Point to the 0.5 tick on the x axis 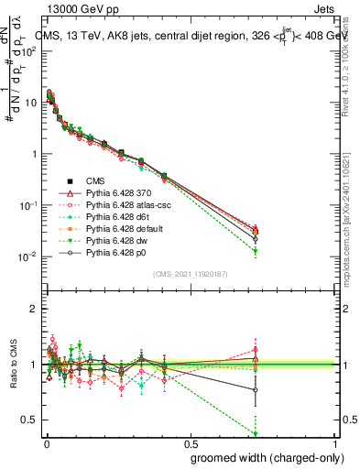tap(191, 444)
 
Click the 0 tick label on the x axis tap(45, 444)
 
